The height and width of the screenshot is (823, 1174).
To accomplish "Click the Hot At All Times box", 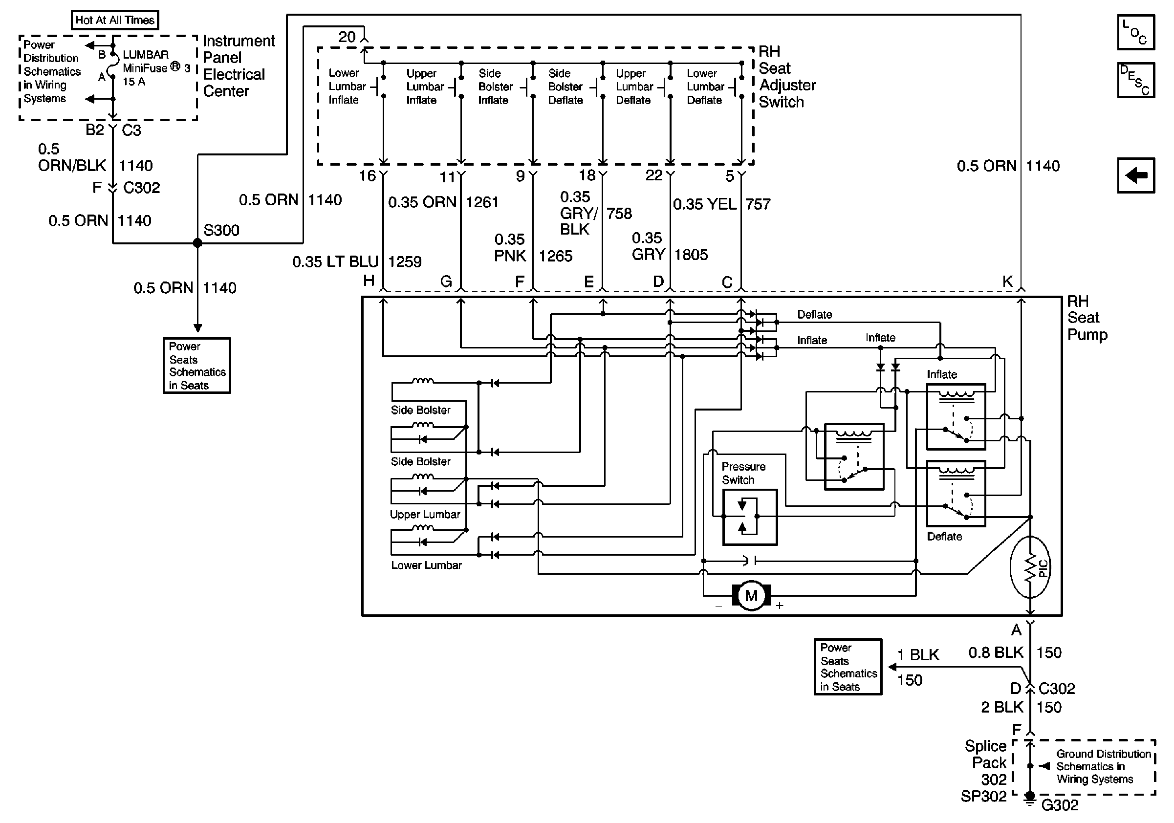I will [x=114, y=20].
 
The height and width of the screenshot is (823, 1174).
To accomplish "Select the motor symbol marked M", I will [x=751, y=596].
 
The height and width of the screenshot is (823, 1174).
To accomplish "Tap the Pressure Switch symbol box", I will [x=750, y=517].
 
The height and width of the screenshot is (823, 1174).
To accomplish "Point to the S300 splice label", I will [x=221, y=230].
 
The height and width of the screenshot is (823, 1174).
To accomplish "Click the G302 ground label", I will [x=1060, y=805].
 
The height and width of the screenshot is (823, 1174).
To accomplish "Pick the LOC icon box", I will [x=1136, y=33].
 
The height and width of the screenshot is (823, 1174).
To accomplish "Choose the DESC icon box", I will [x=1136, y=80].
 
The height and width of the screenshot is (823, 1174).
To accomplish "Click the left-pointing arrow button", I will [x=1136, y=175].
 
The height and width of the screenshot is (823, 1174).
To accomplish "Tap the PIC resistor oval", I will [x=1030, y=567].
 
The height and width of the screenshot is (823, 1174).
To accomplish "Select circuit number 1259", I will [x=405, y=262].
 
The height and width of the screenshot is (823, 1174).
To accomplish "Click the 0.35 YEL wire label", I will [x=705, y=204].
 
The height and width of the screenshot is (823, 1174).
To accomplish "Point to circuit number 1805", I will [x=691, y=255].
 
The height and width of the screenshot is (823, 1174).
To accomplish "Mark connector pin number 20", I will [x=347, y=37].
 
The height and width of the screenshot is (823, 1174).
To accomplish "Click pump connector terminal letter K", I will [x=1007, y=281].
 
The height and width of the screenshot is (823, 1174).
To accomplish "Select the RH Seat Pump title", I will [x=1087, y=318].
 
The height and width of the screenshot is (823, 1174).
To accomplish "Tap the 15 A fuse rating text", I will [x=134, y=82].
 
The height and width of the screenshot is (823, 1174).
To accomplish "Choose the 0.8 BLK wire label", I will [x=996, y=653].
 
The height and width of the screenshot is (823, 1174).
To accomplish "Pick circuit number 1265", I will [x=555, y=256].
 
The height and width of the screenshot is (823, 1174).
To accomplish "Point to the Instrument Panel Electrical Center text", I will [x=239, y=66].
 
